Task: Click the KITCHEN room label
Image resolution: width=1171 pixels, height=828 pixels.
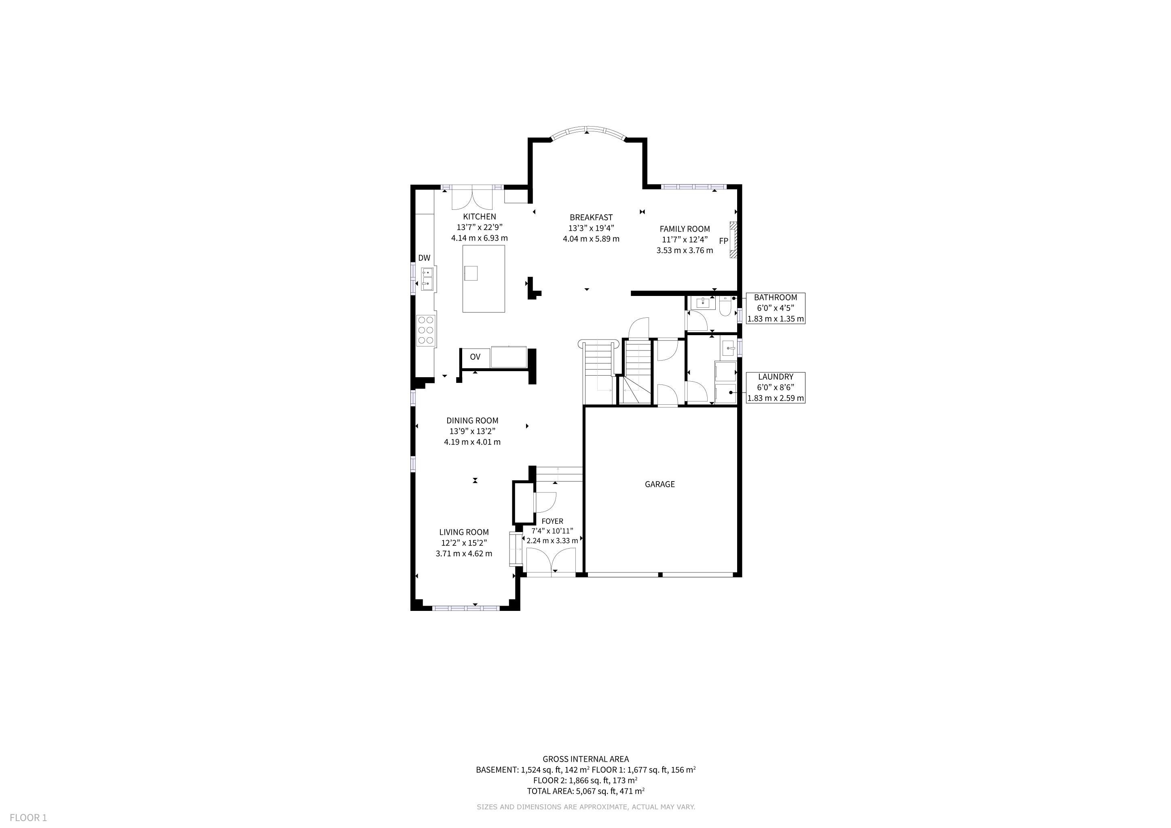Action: (480, 217)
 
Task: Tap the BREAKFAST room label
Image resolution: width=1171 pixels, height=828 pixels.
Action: (591, 217)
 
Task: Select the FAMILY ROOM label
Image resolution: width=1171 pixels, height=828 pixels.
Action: (685, 229)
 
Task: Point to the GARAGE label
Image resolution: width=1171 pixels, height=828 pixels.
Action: (659, 484)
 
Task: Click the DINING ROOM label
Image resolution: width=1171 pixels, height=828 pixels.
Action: (472, 420)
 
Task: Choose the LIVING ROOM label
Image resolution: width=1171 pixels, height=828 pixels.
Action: (464, 532)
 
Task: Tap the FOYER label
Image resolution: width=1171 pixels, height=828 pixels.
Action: (552, 521)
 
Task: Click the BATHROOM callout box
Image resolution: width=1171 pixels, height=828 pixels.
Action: (775, 308)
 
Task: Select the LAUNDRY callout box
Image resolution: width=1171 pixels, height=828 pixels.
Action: (775, 387)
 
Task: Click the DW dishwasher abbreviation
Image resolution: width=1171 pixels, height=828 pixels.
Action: (424, 258)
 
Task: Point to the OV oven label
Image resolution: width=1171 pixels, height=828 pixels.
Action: (475, 357)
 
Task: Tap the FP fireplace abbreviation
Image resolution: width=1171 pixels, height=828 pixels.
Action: (723, 241)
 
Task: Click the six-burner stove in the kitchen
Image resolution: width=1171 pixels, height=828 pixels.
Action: (426, 330)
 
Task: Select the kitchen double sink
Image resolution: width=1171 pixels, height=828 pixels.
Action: (427, 279)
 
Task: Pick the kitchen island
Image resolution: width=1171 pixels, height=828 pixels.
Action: (484, 279)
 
